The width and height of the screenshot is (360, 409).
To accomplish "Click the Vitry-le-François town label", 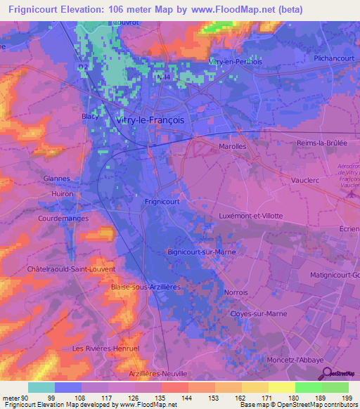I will click(x=148, y=120).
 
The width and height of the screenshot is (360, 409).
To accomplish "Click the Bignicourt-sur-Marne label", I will click(x=202, y=250).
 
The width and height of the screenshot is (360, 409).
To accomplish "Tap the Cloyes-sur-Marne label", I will click(x=259, y=314).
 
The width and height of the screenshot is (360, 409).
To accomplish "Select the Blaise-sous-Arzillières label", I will click(x=146, y=287).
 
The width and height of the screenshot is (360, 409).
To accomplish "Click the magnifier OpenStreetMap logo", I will click(x=326, y=373).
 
